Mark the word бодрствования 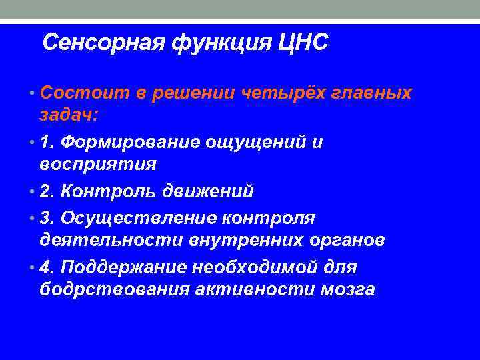coord(114,290)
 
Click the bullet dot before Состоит coord(33,94)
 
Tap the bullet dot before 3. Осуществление coord(33,219)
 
